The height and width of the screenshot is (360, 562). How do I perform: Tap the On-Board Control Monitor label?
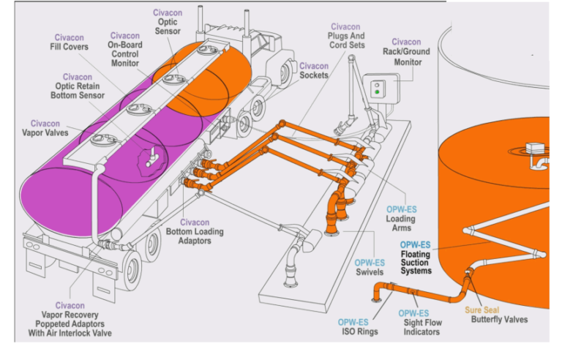[124, 50]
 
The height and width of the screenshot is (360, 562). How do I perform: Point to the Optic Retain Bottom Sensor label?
[77, 86]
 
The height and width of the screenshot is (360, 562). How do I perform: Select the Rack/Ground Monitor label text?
[406, 52]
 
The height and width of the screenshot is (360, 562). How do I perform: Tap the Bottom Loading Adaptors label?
[195, 232]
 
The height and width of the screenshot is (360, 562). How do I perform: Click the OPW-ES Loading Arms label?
[401, 218]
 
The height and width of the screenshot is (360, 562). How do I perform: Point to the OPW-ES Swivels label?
[370, 268]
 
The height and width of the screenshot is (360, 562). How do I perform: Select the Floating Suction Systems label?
[415, 258]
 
